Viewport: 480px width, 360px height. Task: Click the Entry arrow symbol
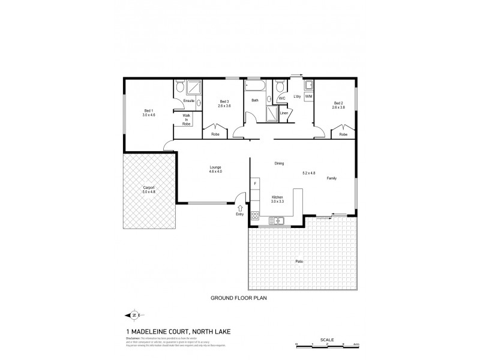241,207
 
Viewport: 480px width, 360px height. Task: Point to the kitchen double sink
276,221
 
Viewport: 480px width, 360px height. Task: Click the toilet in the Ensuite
179,88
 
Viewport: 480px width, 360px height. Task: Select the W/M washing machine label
309,97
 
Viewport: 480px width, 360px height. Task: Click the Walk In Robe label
187,119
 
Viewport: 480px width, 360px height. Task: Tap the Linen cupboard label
283,113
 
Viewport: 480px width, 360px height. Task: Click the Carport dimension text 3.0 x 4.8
149,192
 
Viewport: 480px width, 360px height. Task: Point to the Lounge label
215,167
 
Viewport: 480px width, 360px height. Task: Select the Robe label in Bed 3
215,134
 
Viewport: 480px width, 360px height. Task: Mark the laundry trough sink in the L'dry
309,85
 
